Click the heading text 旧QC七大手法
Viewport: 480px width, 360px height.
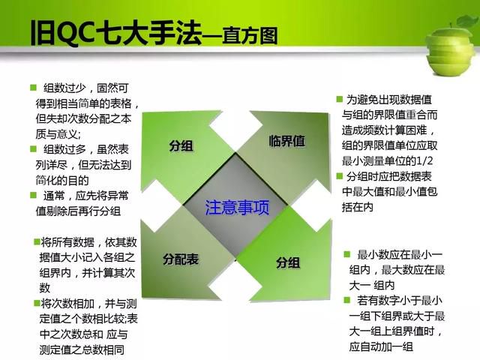[115, 33]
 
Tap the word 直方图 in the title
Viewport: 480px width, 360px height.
[250, 36]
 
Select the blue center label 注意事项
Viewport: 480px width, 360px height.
[237, 208]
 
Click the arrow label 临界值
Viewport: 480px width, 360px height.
[286, 141]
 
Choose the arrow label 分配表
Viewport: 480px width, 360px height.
[181, 259]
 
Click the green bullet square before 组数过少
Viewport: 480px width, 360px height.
[33, 88]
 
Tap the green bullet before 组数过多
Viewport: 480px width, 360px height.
[33, 149]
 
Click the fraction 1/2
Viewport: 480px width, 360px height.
[424, 161]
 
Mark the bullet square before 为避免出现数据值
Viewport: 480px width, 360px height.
[339, 99]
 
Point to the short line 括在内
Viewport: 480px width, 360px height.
[358, 207]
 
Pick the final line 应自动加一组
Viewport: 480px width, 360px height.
[381, 346]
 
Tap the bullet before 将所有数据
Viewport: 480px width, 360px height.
[37, 242]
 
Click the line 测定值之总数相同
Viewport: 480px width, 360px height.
[82, 350]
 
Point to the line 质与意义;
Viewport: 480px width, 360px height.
[58, 134]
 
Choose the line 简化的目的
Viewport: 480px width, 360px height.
[62, 180]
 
